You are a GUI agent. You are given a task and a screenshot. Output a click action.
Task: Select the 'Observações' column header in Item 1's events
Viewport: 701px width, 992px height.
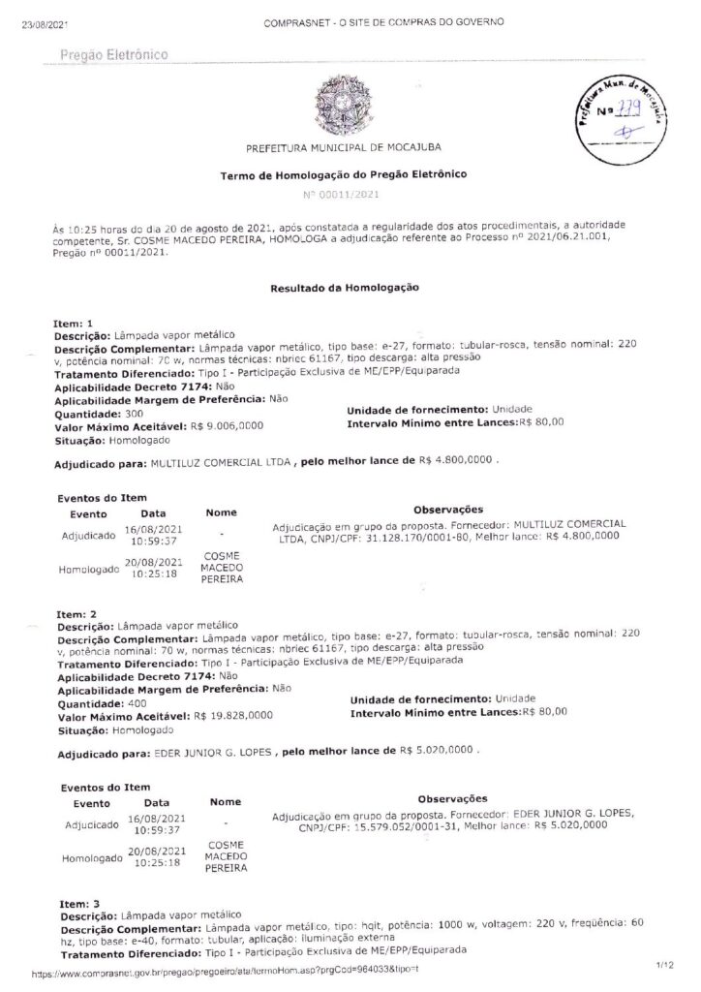[448, 510]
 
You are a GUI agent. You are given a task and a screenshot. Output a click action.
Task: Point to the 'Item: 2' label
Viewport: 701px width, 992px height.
[76, 614]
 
